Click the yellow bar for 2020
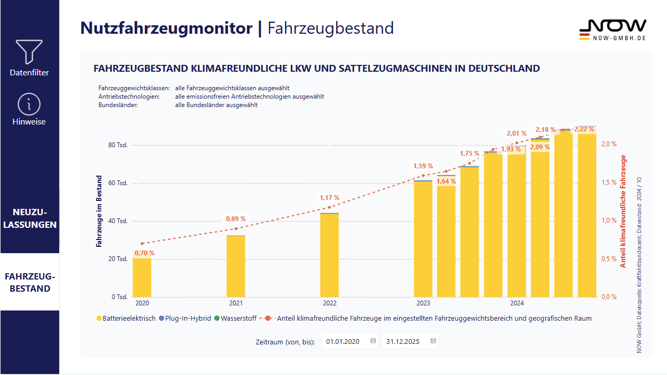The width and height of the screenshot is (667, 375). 142,277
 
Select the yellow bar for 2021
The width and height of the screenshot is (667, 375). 236,266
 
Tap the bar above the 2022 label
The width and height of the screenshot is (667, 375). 329,255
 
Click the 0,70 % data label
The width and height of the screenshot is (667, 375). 145,253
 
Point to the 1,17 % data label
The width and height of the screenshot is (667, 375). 330,198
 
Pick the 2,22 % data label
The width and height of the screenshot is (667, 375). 584,130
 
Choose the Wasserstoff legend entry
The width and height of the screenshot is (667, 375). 239,319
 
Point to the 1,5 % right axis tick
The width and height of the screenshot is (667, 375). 609,182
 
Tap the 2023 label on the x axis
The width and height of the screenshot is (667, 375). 423,303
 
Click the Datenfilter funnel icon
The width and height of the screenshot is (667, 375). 30,52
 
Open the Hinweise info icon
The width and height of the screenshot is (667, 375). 30,104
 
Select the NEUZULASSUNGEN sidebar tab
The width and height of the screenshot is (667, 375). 30,218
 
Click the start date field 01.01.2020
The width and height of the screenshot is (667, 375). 343,341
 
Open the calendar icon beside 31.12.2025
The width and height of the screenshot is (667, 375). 433,341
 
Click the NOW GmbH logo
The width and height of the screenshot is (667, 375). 612,30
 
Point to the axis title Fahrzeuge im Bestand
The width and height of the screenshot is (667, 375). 99,211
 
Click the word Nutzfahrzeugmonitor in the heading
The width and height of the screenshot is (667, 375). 166,28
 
